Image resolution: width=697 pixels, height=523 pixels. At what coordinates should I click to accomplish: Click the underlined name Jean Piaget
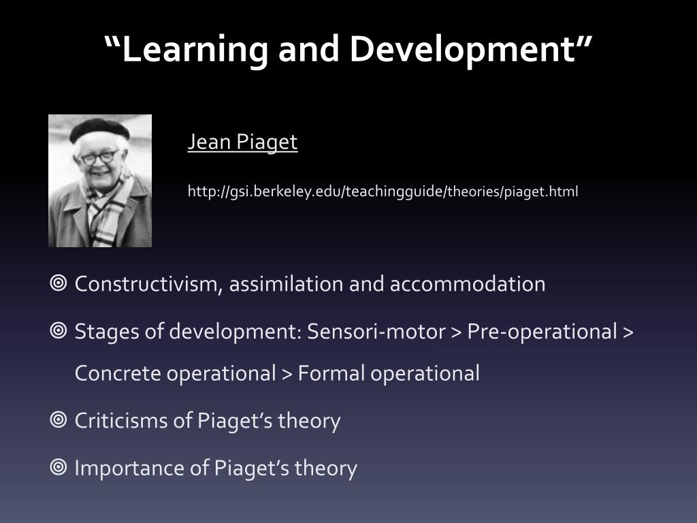pos(242,142)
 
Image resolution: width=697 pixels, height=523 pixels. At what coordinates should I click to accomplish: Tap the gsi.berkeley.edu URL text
pos(383,191)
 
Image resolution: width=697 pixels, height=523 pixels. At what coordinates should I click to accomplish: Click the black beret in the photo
pos(99,129)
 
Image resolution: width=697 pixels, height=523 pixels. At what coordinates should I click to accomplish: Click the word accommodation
pos(467,284)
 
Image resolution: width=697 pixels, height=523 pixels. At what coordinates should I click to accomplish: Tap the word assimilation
pos(287,284)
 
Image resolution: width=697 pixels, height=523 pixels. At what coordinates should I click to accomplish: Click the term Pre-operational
pos(541,332)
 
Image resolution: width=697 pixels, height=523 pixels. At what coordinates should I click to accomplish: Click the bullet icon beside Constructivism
pos(59,283)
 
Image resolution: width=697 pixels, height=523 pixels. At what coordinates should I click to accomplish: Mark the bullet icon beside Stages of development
pos(59,331)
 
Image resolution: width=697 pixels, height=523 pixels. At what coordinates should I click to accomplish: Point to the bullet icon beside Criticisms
pos(59,419)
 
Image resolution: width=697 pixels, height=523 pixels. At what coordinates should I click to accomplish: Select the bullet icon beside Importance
pos(59,467)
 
